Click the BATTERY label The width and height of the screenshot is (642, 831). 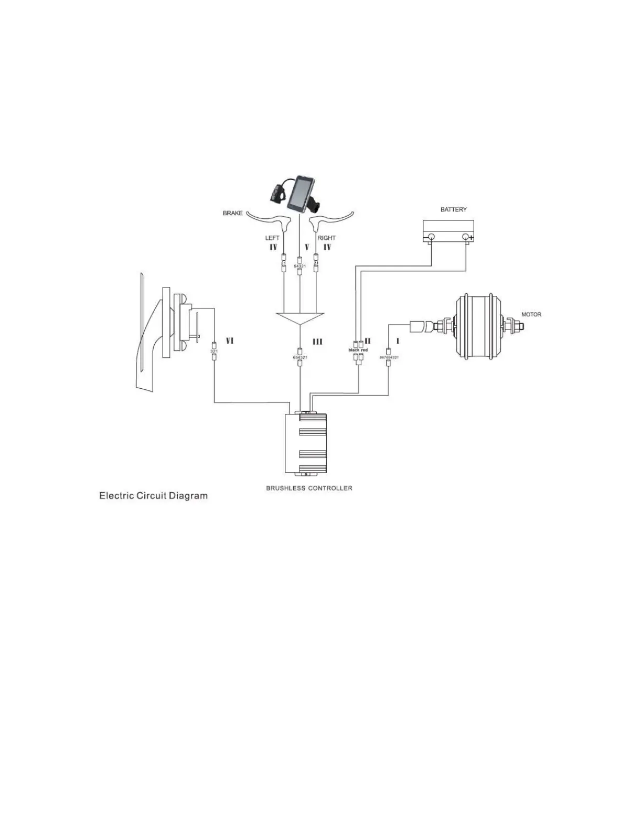click(453, 209)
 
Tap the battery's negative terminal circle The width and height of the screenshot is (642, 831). click(431, 237)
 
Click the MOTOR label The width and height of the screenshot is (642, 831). click(531, 315)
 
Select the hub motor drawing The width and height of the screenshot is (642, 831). click(476, 326)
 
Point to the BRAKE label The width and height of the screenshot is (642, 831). click(233, 214)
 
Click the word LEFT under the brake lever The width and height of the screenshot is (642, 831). click(272, 238)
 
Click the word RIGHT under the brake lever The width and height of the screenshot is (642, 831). click(326, 238)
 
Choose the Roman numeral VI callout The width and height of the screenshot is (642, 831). click(229, 341)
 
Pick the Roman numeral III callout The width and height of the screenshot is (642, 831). click(317, 342)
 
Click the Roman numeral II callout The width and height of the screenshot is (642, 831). click(368, 341)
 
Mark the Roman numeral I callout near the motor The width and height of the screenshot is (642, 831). click(398, 341)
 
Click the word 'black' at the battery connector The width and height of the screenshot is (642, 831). click(354, 350)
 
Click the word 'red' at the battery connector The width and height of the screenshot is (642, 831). click(365, 350)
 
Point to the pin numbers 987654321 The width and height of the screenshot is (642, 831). click(389, 357)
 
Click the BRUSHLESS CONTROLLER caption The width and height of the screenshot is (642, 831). click(309, 488)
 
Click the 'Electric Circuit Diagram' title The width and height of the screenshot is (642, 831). click(153, 496)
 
